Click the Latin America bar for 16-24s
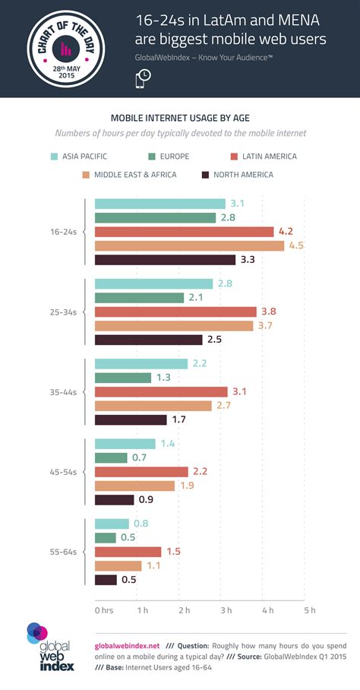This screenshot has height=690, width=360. [x=184, y=232]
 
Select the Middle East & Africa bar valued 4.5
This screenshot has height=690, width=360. [x=189, y=245]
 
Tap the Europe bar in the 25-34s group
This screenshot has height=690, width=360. [x=139, y=298]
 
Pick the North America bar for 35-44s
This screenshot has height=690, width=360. [x=130, y=419]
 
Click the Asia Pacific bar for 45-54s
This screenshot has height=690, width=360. [x=125, y=444]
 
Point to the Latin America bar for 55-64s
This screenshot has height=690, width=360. [x=128, y=552]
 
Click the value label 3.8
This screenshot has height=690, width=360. [x=268, y=312]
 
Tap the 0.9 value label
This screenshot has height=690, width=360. [x=147, y=499]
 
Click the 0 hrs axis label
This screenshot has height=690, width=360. [x=103, y=609]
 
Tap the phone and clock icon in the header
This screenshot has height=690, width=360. [x=143, y=78]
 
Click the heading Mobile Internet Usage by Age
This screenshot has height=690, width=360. [x=179, y=118]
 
